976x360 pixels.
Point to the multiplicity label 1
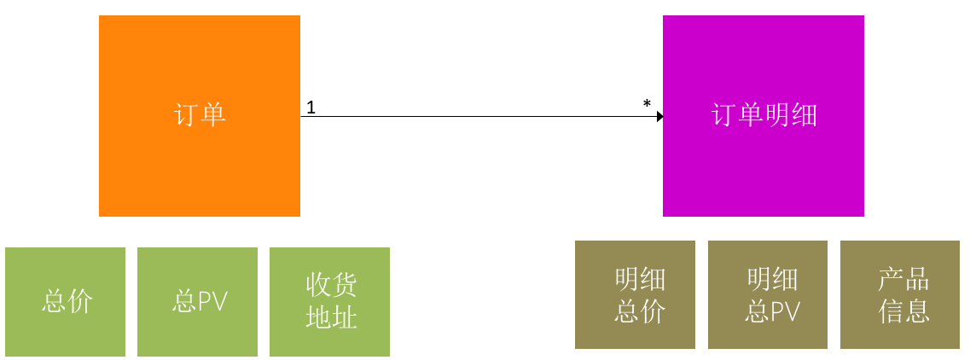(311, 107)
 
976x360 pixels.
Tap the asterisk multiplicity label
(647, 105)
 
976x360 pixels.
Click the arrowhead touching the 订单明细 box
(659, 116)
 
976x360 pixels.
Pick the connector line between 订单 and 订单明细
(478, 116)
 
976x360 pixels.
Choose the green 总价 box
(65, 301)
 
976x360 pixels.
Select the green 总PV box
(197, 301)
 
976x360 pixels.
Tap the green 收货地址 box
(329, 301)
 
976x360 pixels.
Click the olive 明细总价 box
(635, 294)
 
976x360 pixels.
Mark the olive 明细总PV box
(767, 294)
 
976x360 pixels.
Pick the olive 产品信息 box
(900, 294)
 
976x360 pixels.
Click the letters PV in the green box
(212, 301)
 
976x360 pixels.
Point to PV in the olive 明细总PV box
(784, 311)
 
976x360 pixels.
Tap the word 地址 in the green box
(331, 317)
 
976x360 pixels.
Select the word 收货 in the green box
(331, 285)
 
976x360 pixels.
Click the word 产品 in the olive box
(903, 279)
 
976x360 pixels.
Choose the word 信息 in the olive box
(903, 311)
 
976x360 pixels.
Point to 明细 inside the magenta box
(791, 115)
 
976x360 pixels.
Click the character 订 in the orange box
(186, 115)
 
